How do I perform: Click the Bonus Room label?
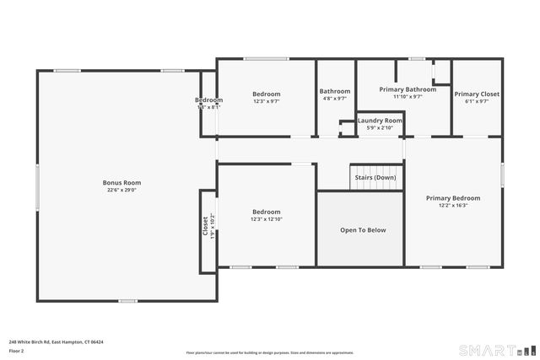click(x=121, y=182)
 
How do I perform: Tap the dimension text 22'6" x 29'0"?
click(x=121, y=191)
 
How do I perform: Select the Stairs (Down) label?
click(x=374, y=178)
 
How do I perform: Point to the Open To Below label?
click(x=363, y=229)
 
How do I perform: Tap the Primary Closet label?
click(x=477, y=94)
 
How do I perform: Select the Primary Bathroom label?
click(x=408, y=89)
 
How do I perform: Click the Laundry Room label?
click(x=380, y=121)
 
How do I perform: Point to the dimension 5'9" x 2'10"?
click(x=380, y=128)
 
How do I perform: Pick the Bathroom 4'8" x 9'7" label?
click(x=334, y=91)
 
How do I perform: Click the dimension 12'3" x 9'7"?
click(x=266, y=101)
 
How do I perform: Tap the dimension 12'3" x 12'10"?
click(x=266, y=219)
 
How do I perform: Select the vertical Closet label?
click(x=204, y=226)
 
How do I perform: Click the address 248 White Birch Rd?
click(x=56, y=341)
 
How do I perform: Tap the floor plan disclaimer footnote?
click(x=270, y=352)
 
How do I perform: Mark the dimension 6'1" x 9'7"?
click(x=477, y=102)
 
